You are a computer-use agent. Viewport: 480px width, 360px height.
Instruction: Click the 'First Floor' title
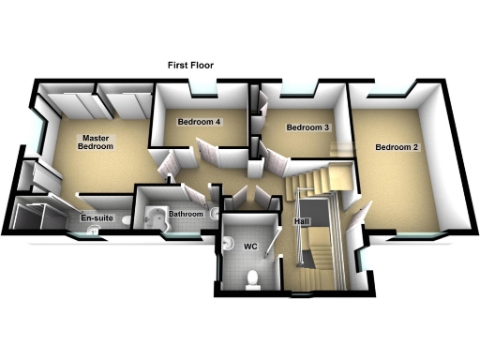pyautogui.click(x=190, y=66)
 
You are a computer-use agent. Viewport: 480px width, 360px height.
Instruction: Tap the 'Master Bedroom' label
pyautogui.click(x=96, y=142)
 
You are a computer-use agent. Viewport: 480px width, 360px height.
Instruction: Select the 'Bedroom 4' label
pyautogui.click(x=198, y=123)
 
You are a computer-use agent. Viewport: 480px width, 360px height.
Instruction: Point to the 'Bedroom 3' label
pyautogui.click(x=307, y=127)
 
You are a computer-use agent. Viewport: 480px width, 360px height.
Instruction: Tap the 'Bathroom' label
pyautogui.click(x=186, y=215)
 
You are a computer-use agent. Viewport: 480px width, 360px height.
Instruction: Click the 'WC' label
pyautogui.click(x=250, y=247)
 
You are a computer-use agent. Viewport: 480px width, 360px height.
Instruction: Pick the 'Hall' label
pyautogui.click(x=300, y=221)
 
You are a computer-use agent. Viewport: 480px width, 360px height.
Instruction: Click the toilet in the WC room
pyautogui.click(x=251, y=278)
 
